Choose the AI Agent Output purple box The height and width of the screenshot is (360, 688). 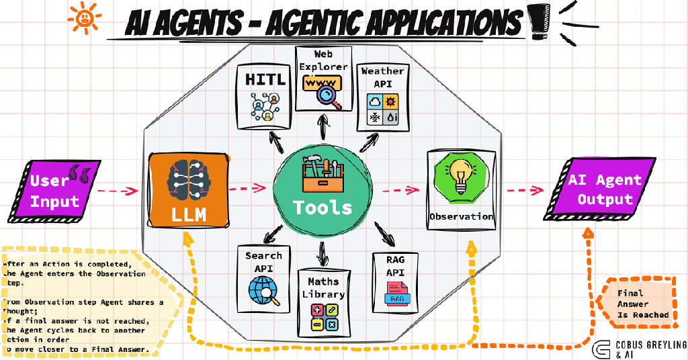602,189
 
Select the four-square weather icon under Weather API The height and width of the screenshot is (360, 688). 382,109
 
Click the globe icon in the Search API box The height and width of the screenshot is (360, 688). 262,291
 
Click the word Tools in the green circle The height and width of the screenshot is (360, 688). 322,207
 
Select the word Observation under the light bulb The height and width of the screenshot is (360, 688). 461,217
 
